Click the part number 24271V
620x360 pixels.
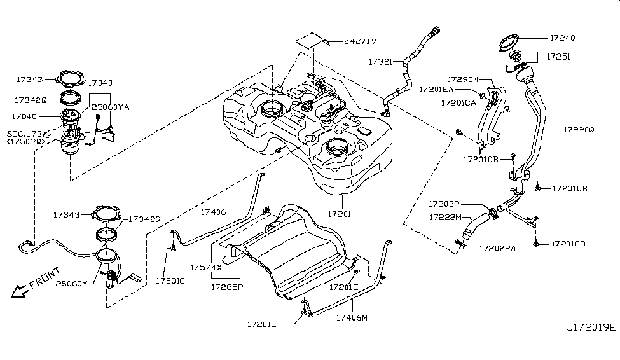[x=360, y=41]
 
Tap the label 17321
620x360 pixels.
[x=380, y=62]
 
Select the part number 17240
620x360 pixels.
[x=562, y=38]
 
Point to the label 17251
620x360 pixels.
[x=558, y=57]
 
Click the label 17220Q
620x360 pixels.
[x=579, y=130]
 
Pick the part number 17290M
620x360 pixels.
[x=463, y=80]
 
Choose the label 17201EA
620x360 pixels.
[x=436, y=90]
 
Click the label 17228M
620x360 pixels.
[x=445, y=217]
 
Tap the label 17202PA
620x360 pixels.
[x=497, y=249]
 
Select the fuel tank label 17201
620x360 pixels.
[x=340, y=214]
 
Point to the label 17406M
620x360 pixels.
[x=352, y=317]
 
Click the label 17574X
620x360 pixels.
[x=206, y=267]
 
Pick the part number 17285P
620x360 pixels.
[x=227, y=287]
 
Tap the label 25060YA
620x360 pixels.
[x=110, y=107]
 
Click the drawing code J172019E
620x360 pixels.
[x=591, y=328]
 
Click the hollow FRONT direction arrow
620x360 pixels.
[x=18, y=291]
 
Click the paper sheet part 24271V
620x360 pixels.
[x=313, y=40]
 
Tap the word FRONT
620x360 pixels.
[x=45, y=278]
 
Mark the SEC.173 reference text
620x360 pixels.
[x=24, y=134]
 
